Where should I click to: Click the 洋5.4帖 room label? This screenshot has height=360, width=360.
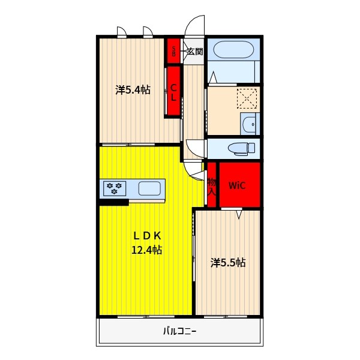point(133,90)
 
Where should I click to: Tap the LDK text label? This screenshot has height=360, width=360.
point(147,236)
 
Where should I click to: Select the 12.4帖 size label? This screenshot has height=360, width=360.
point(147,250)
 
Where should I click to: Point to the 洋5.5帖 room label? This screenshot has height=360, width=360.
point(228,263)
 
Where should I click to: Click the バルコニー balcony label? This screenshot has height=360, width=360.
point(180,331)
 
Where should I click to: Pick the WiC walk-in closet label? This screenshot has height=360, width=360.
point(237,185)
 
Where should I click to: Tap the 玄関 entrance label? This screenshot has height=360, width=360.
point(195,52)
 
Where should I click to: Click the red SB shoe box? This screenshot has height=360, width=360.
point(173,51)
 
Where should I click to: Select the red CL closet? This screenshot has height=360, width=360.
point(173,91)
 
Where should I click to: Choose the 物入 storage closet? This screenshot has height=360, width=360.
point(212,185)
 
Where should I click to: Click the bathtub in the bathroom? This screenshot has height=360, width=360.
point(234,50)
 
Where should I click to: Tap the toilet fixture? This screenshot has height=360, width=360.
point(241,148)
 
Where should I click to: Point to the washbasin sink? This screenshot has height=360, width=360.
point(249,124)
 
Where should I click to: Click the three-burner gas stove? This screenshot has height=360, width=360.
point(115,188)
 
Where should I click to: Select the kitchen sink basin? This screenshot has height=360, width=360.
point(149,188)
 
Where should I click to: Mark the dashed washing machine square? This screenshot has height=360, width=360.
point(247,99)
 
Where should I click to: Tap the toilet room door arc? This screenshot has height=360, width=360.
point(193,152)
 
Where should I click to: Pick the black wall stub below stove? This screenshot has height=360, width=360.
point(114,203)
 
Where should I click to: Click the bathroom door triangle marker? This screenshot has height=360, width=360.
point(213,77)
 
